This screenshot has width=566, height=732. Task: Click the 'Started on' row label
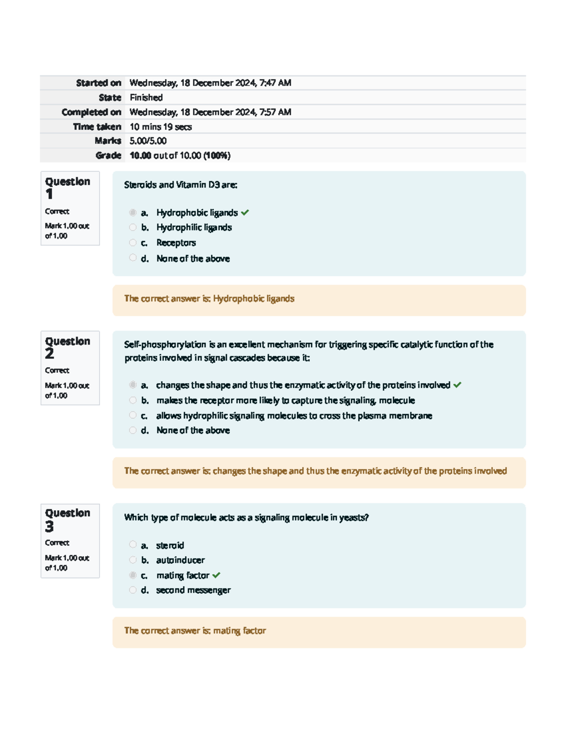99,83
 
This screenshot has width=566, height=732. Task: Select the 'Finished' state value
146,98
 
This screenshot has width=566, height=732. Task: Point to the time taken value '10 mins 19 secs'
160,127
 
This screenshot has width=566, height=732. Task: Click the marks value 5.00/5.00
148,141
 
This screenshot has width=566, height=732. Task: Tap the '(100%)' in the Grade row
217,156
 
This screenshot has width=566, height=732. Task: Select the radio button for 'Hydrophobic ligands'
133,213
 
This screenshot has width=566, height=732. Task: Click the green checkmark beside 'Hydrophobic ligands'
245,213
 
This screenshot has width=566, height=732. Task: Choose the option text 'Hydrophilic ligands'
194,227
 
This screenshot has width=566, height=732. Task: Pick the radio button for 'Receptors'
133,243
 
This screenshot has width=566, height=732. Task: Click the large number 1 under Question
50,194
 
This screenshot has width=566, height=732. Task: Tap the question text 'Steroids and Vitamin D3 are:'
181,185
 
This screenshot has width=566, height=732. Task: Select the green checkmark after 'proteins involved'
457,385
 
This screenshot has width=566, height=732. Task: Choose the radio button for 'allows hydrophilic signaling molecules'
133,415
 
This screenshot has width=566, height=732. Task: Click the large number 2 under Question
50,354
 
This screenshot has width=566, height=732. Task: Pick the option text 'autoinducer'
180,560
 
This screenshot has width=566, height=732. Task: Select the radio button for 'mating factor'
133,575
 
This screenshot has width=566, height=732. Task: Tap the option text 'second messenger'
193,590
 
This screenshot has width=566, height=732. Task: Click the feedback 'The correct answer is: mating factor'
195,631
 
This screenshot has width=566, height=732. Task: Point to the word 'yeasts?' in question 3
354,518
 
